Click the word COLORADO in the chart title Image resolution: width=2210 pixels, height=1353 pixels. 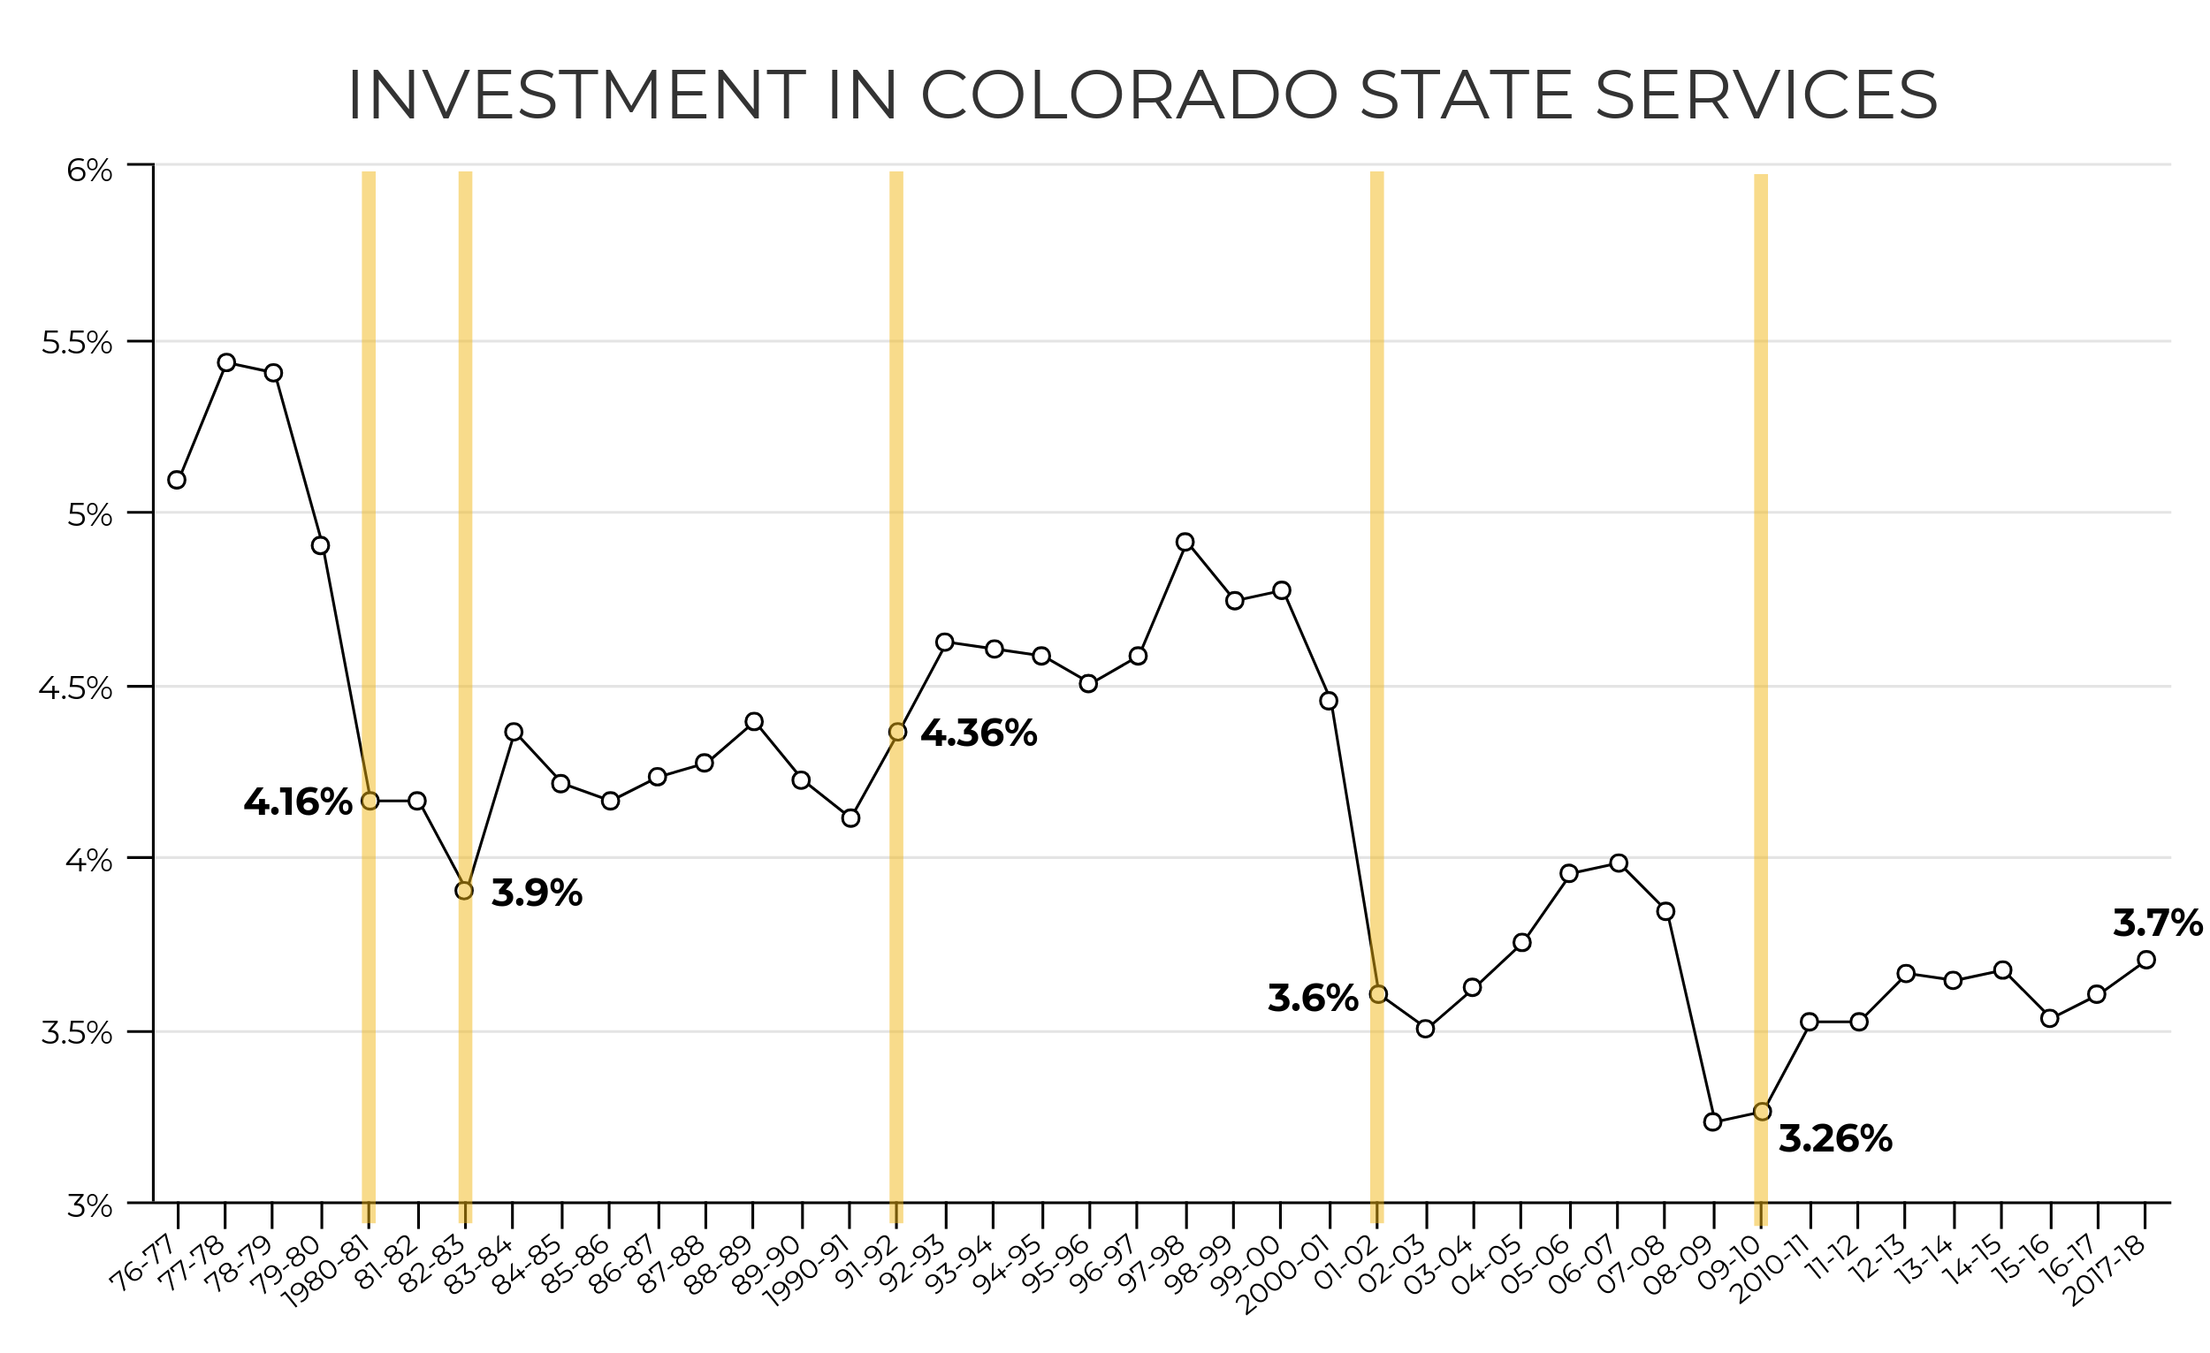[x=1128, y=95]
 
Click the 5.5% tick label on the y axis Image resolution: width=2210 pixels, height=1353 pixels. [x=77, y=343]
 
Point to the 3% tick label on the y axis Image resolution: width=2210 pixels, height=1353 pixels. [x=89, y=1206]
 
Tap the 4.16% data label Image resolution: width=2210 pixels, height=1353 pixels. [x=298, y=802]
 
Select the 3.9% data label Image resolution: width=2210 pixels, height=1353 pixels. [x=537, y=893]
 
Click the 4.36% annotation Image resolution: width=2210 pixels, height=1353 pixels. [x=979, y=734]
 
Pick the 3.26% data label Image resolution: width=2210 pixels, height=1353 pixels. [x=1835, y=1140]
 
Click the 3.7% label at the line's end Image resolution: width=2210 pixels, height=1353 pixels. [x=2156, y=924]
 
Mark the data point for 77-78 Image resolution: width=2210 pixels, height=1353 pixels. [x=227, y=363]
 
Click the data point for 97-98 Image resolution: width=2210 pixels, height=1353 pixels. [x=1185, y=543]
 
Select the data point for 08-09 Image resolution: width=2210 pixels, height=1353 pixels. [x=1712, y=1122]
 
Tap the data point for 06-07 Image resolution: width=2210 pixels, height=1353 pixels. [x=1618, y=863]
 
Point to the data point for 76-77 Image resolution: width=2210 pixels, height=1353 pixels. [x=177, y=481]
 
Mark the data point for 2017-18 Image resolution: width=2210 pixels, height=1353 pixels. [x=2146, y=961]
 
